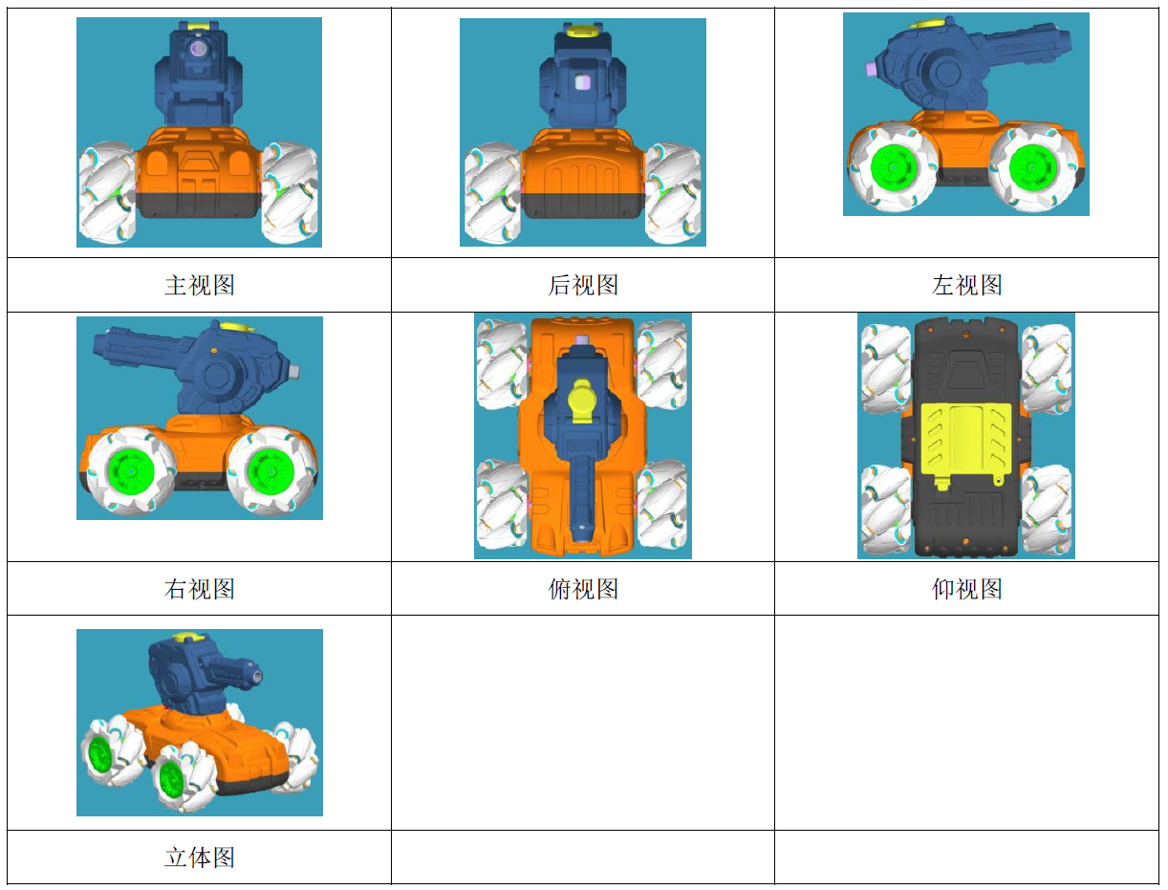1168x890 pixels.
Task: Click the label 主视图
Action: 199,285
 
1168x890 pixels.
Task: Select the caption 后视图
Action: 583,285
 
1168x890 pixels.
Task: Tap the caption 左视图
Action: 966,285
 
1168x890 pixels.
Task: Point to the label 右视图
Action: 199,589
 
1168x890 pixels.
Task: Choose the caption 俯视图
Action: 583,589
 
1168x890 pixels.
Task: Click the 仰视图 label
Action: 966,589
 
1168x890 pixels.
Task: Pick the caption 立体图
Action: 199,857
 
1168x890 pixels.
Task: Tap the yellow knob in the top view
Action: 581,400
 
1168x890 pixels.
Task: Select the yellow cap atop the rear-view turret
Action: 581,31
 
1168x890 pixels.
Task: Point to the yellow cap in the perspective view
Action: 187,638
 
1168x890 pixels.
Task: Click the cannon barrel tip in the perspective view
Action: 256,674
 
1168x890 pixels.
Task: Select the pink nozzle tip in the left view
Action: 870,69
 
